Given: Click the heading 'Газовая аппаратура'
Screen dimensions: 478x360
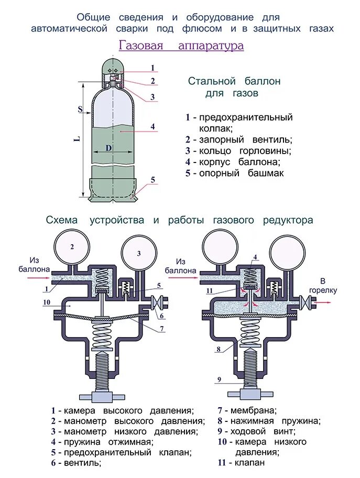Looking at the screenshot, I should [181, 46].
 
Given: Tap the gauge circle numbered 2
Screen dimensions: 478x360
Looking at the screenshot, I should [72, 246].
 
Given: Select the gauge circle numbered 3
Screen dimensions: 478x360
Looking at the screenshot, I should [139, 253].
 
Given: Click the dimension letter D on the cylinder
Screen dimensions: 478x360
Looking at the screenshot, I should [108, 148].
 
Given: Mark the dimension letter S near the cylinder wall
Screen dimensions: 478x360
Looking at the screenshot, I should [80, 109].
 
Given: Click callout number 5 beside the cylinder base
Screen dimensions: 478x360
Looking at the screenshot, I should [153, 180].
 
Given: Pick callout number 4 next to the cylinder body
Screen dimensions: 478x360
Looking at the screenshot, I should [152, 126].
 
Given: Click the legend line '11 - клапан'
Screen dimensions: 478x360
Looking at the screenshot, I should [241, 462].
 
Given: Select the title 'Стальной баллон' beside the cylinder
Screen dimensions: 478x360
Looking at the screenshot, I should [234, 82].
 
